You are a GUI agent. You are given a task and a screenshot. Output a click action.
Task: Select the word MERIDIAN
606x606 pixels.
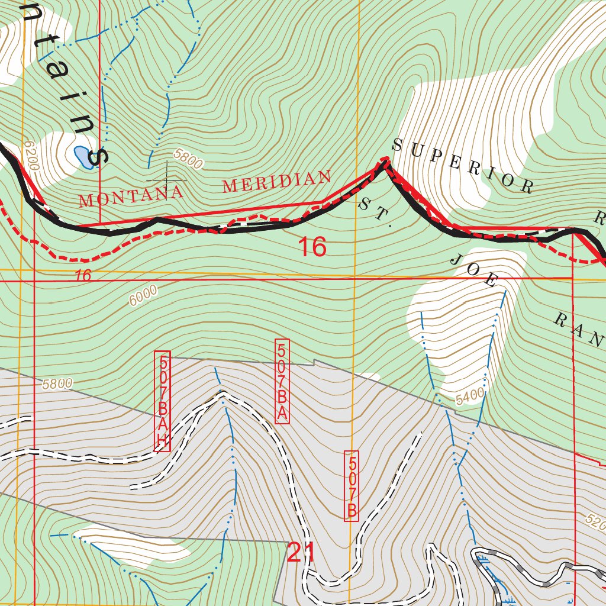pos(276,181)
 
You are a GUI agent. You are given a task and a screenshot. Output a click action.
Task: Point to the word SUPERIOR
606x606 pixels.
pos(462,166)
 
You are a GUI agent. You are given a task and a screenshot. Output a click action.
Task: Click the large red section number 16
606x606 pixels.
pos(312,247)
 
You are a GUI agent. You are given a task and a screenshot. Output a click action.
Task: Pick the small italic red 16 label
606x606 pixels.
pos(84,275)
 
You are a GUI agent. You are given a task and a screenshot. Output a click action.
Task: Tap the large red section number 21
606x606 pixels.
pos(301,553)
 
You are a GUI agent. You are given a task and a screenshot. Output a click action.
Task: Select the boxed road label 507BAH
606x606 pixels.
pos(162,401)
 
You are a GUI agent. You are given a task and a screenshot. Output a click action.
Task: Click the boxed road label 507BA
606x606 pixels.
pos(282,382)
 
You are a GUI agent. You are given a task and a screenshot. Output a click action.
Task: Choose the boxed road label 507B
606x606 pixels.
pos(351,486)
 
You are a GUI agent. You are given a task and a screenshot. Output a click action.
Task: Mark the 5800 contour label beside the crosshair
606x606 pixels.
pos(189,159)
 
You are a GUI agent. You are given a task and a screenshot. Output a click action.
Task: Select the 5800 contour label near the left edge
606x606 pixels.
pos(57,384)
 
